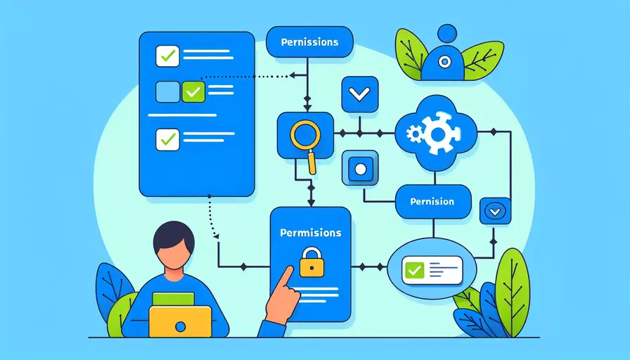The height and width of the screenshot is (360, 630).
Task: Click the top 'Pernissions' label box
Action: [309, 41]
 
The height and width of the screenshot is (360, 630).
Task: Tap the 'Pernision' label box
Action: [433, 202]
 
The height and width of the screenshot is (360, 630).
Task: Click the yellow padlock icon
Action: [311, 262]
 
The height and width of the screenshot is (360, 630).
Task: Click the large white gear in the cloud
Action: [438, 133]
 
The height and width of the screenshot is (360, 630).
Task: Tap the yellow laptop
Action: [180, 321]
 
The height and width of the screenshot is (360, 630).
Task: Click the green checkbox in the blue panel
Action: [193, 91]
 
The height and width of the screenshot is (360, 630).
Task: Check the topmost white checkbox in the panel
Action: [167, 56]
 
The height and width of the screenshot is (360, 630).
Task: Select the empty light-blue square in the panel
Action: [167, 91]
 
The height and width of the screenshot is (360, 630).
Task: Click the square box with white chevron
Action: [359, 94]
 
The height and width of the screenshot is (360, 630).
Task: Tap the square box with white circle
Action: [360, 169]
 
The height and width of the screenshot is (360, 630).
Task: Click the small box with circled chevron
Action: [495, 211]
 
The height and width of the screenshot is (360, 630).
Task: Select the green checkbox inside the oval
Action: [414, 270]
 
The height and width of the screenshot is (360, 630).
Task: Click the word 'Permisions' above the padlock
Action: [311, 233]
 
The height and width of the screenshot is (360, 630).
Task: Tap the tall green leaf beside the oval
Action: [513, 292]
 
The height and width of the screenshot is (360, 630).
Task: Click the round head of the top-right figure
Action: [447, 33]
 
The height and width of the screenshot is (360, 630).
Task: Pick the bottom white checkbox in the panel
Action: [167, 139]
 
